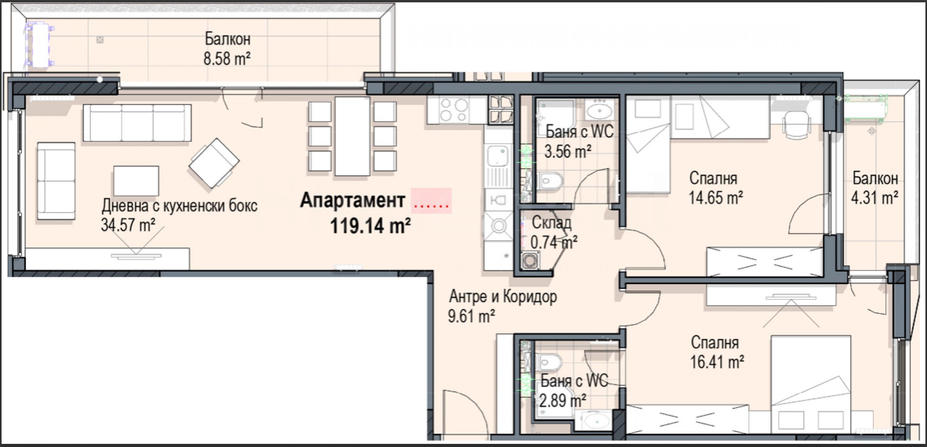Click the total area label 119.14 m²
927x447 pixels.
pyautogui.click(x=370, y=226)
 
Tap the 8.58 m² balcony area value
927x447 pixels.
pyautogui.click(x=227, y=59)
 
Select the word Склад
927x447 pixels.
pyautogui.click(x=552, y=223)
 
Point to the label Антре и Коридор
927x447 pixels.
pyautogui.click(x=503, y=297)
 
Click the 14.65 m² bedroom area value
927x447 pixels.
pyautogui.click(x=715, y=198)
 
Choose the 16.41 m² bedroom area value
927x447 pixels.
pyautogui.click(x=717, y=362)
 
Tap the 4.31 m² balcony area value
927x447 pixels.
pyautogui.click(x=874, y=198)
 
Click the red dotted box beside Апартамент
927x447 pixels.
pyautogui.click(x=431, y=201)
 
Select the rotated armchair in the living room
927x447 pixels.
pyautogui.click(x=214, y=163)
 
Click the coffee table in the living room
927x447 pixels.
pyautogui.click(x=136, y=181)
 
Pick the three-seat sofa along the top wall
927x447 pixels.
pyautogui.click(x=137, y=123)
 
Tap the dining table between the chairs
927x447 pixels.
pyautogui.click(x=352, y=136)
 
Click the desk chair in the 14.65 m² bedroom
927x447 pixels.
pyautogui.click(x=796, y=124)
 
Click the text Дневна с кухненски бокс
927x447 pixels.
pyautogui.click(x=180, y=206)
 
